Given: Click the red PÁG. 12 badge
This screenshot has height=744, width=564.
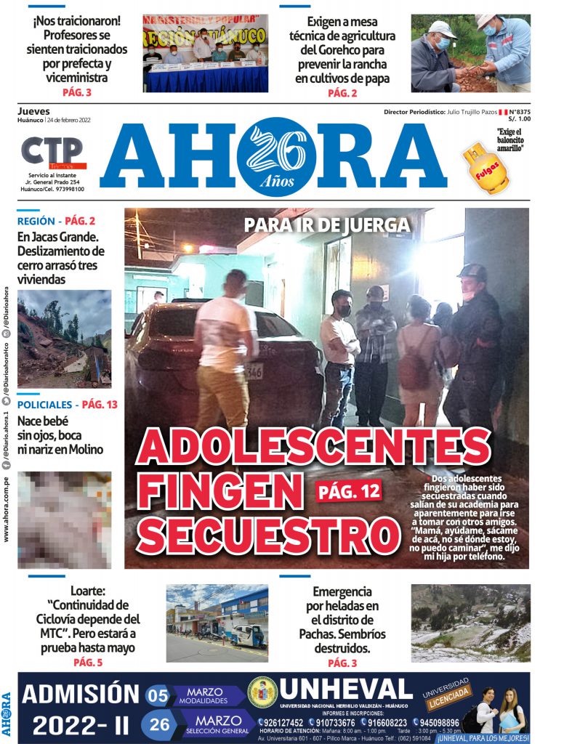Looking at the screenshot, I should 348,492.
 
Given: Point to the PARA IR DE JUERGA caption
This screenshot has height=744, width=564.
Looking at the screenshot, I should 326,225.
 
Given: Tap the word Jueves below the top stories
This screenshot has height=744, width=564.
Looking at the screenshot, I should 33,111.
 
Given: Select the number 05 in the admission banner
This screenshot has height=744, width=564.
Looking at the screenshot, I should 158,695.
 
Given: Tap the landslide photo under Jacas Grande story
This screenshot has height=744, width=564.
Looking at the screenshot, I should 64,339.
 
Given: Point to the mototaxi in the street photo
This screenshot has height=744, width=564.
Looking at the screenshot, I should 249,635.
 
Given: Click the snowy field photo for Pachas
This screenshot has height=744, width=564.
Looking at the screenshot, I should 470,623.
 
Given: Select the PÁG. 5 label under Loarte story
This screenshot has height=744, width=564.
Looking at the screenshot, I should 88,663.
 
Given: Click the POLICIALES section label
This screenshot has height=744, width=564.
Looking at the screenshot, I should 44,405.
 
